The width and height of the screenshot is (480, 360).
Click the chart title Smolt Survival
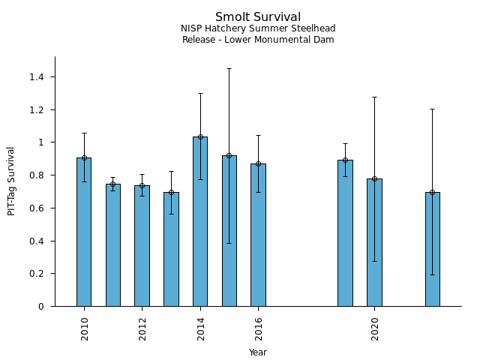coord(258,17)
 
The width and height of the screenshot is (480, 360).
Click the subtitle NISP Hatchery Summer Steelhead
coord(258,28)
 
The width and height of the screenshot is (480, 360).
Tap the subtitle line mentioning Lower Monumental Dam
coord(258,40)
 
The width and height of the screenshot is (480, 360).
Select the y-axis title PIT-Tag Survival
coord(11,181)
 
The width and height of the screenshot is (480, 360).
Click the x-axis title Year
coord(258,352)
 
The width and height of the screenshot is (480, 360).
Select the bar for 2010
coord(84,232)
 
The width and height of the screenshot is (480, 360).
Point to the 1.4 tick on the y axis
coord(37,77)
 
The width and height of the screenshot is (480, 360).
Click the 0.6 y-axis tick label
coord(37,208)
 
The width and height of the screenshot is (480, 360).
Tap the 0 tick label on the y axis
coord(41,307)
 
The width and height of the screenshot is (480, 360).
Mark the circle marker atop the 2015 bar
coord(229,155)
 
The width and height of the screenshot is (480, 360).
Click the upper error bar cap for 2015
coord(229,69)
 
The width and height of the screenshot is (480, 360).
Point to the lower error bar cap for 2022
coord(432,274)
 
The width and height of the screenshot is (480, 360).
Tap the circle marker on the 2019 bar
coord(345,160)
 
